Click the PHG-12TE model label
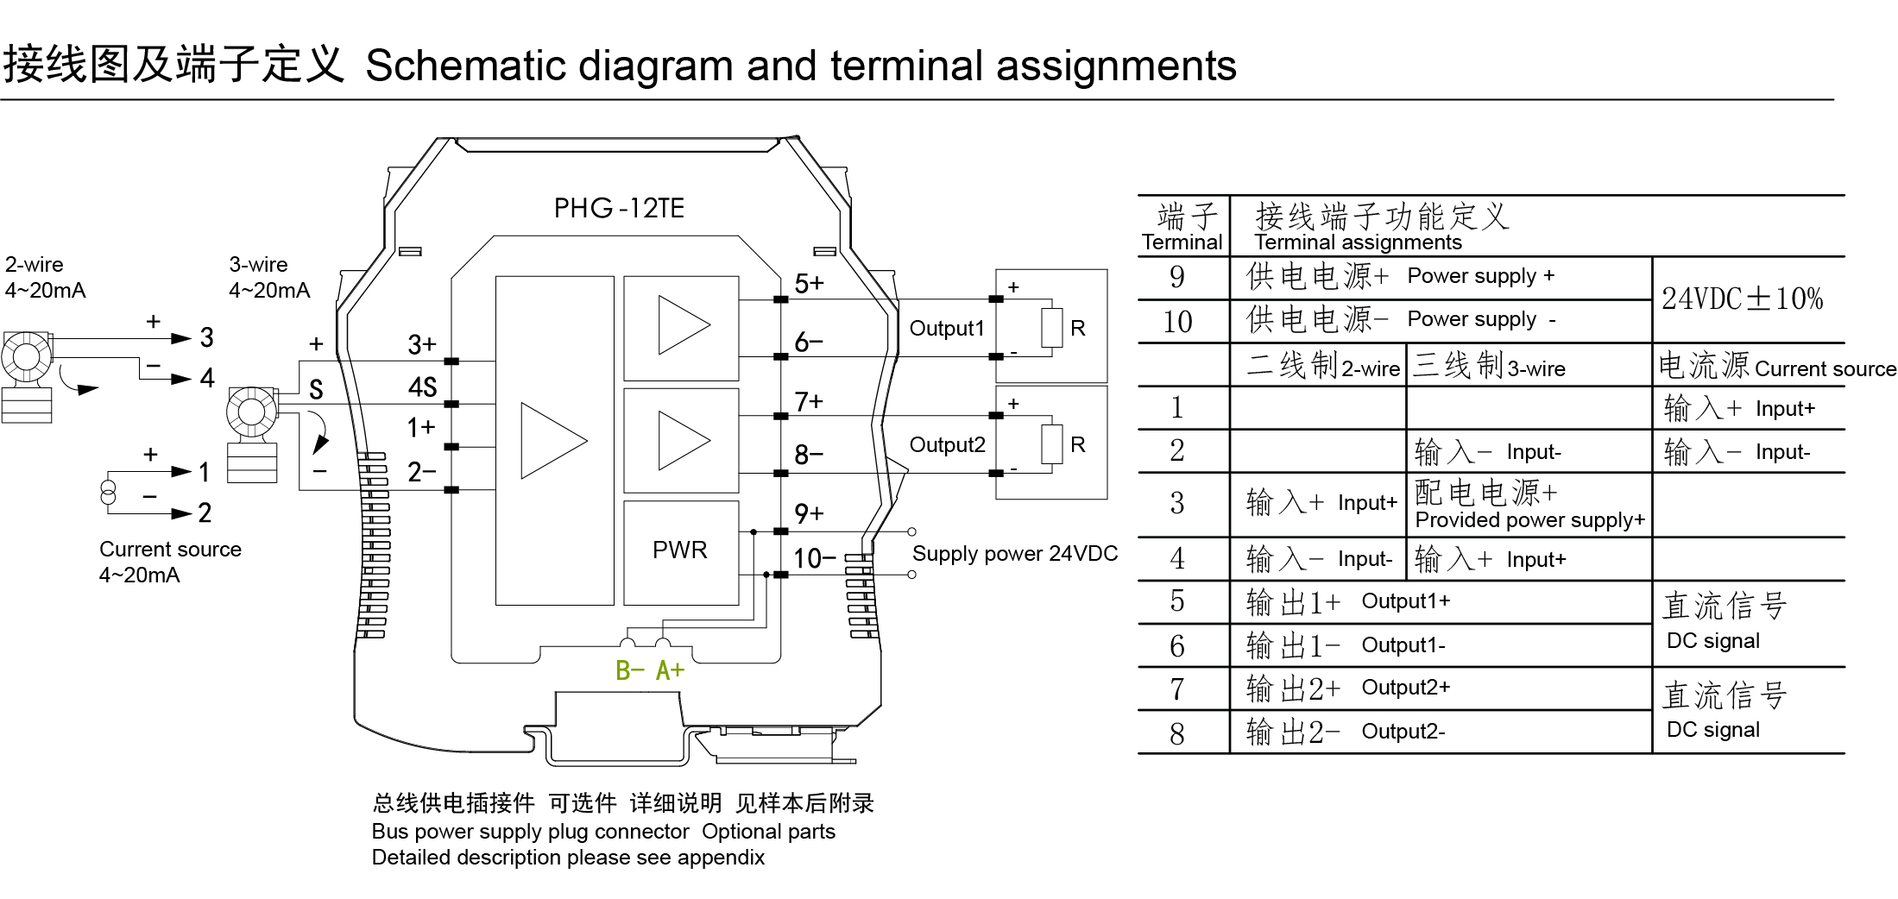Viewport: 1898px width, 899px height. (619, 208)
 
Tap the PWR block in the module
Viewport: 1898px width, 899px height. (680, 550)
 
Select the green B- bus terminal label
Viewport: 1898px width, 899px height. (630, 670)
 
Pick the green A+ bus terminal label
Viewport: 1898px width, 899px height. (670, 670)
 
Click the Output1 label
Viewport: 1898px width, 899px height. (947, 329)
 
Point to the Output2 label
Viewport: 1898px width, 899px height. (947, 445)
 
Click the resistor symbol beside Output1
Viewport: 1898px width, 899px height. (1051, 328)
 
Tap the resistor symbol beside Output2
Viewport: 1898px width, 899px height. (1051, 444)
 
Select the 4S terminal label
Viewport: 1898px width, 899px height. (422, 387)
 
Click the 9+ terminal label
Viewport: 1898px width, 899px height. (809, 514)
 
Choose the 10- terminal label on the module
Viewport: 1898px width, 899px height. (814, 559)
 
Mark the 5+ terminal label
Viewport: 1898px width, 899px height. (809, 284)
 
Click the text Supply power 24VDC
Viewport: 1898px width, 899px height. (1014, 554)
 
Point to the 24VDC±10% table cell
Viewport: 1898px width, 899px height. (1742, 299)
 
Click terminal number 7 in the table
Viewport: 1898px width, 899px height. (1176, 689)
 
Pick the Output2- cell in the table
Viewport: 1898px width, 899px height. (1403, 732)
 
